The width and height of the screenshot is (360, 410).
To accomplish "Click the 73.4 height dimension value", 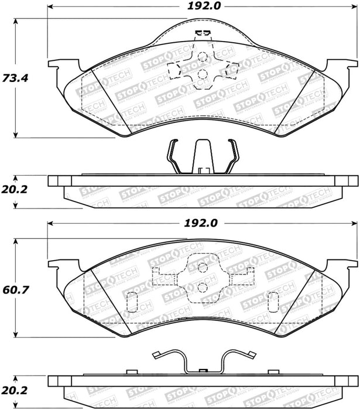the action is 15,78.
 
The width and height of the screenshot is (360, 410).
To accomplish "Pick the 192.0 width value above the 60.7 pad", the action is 201,223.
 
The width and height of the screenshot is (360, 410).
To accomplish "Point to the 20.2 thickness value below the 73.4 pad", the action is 14,190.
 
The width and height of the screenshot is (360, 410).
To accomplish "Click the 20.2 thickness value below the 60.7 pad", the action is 14,391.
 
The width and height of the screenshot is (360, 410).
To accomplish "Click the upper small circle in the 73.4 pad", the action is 202,56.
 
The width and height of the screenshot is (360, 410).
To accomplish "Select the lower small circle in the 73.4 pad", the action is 202,74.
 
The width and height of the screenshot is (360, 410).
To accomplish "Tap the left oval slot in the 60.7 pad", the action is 132,302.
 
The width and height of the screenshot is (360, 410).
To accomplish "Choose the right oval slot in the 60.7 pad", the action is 273,302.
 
